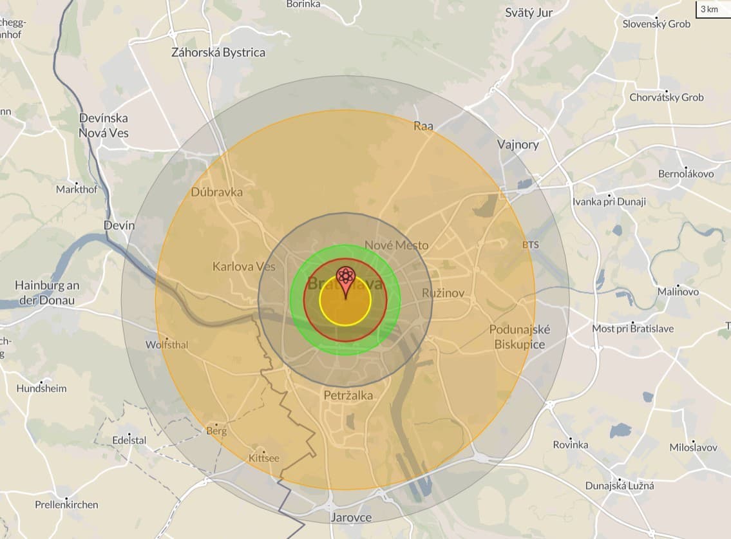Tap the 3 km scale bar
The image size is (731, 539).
712,9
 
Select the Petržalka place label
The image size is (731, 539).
348,395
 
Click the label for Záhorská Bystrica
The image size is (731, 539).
218,53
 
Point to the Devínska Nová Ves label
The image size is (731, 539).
104,126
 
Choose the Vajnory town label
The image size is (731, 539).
518,144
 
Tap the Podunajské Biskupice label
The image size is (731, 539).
520,337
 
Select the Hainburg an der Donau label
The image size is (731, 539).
47,292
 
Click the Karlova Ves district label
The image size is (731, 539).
244,266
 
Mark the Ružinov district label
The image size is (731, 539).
443,293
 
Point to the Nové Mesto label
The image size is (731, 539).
396,245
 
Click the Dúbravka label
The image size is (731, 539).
217,192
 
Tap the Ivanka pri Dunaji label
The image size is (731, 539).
609,202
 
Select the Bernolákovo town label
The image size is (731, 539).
686,174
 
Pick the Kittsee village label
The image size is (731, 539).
264,458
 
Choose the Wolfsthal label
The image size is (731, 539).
167,345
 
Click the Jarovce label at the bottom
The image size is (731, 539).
350,517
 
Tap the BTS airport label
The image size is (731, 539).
531,245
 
